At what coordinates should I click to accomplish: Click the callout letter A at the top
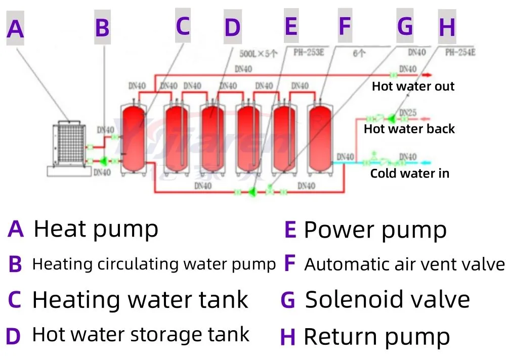click(x=15, y=29)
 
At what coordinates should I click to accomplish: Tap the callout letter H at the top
click(x=447, y=27)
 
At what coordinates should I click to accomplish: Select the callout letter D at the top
click(x=232, y=27)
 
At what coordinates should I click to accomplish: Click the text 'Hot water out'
click(x=413, y=86)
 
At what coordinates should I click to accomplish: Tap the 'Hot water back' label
click(x=409, y=129)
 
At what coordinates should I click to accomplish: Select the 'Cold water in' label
click(x=409, y=174)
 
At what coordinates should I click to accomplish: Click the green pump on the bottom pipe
click(x=252, y=192)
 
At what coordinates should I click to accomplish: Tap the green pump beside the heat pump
click(x=104, y=161)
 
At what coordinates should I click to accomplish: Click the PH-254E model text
click(x=460, y=52)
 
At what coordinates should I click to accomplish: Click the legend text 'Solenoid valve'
click(x=388, y=300)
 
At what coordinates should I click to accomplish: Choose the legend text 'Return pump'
click(x=376, y=337)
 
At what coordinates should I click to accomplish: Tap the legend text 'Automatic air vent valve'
click(x=404, y=264)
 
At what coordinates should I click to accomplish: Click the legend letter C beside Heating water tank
click(x=15, y=300)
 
